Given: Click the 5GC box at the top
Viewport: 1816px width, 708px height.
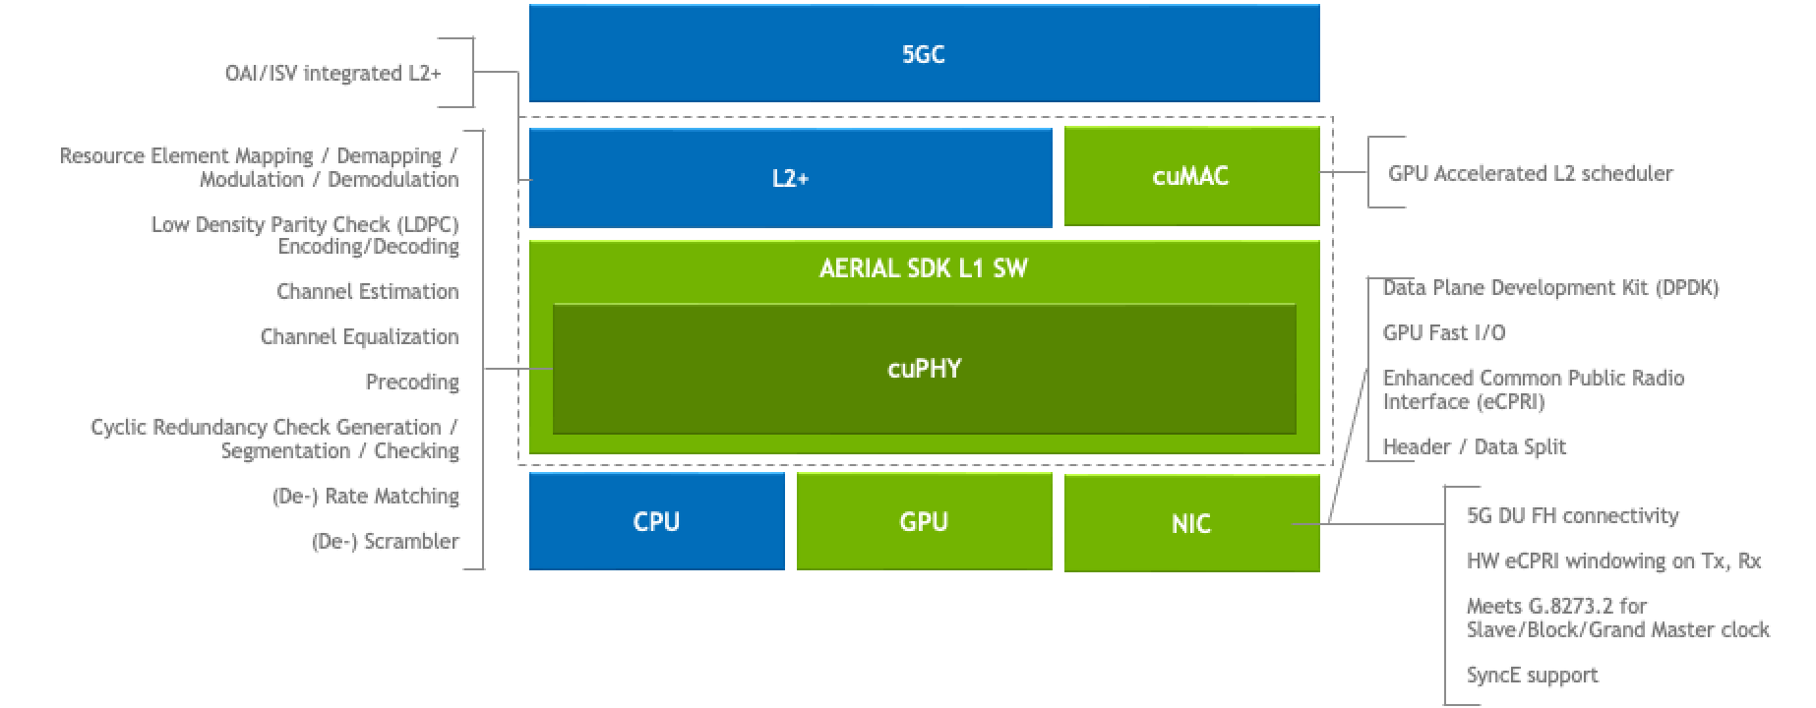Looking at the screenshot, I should pos(924,54).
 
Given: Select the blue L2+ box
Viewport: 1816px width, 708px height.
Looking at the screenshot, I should pos(790,178).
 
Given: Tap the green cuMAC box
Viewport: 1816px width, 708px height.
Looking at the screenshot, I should pos(1190,176).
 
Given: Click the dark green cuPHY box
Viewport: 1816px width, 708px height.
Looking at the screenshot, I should pos(924,369).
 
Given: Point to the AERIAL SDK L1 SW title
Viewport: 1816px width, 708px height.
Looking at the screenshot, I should pos(924,268).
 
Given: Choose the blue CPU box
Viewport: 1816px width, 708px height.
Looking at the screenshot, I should pos(656,521).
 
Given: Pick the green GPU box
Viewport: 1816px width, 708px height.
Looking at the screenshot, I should pos(924,521).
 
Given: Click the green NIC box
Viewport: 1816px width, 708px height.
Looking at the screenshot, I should pos(1190,523).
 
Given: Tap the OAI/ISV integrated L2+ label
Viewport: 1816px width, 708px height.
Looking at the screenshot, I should pos(333,74).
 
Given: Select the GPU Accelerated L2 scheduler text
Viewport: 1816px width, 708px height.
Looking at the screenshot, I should pos(1530,174).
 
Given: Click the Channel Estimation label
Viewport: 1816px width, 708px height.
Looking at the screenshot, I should pos(368,291).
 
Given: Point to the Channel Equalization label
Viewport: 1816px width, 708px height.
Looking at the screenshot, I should pos(359,336).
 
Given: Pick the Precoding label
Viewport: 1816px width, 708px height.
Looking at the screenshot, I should pos(412,382).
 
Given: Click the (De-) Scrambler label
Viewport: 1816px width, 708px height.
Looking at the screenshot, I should pos(386,541).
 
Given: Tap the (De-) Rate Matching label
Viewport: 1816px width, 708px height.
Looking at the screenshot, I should pos(366,496).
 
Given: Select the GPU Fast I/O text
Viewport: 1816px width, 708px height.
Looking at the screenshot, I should pos(1443,332).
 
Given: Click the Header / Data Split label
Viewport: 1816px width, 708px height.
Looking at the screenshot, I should pos(1474,446).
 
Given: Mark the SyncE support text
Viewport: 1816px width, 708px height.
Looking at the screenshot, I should pos(1532,675).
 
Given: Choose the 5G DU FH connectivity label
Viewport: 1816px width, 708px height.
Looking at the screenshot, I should pos(1572,515).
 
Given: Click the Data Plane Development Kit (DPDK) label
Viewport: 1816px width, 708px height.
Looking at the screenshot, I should pos(1550,288).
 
